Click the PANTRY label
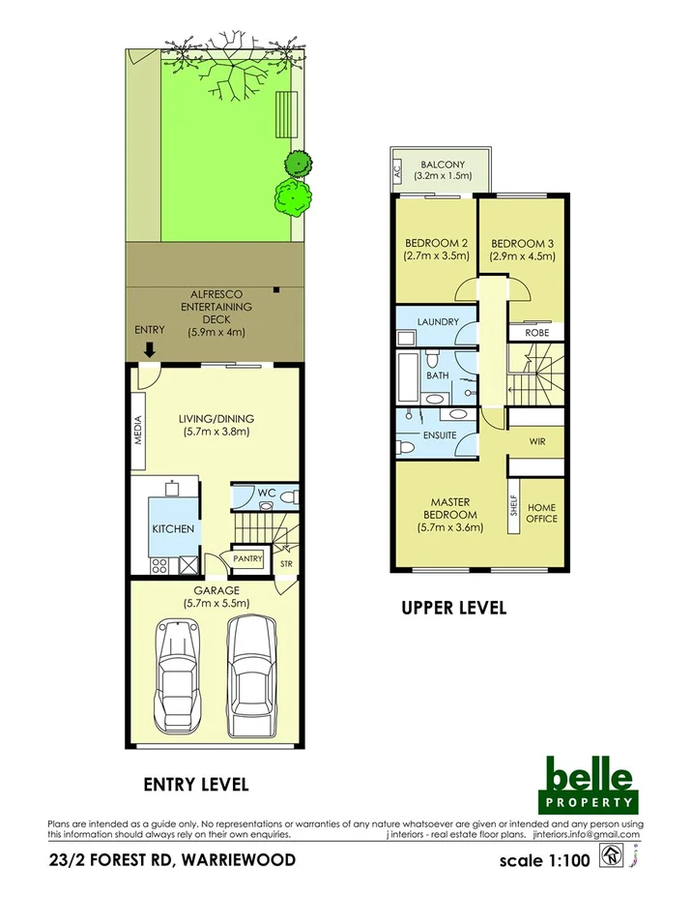tap(248, 558)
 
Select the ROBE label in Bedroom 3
tap(536, 332)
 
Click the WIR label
tap(537, 441)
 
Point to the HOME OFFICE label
tap(541, 513)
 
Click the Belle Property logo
tap(589, 783)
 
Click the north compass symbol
tap(611, 856)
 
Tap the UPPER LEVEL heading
tap(453, 609)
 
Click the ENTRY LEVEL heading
tap(196, 783)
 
